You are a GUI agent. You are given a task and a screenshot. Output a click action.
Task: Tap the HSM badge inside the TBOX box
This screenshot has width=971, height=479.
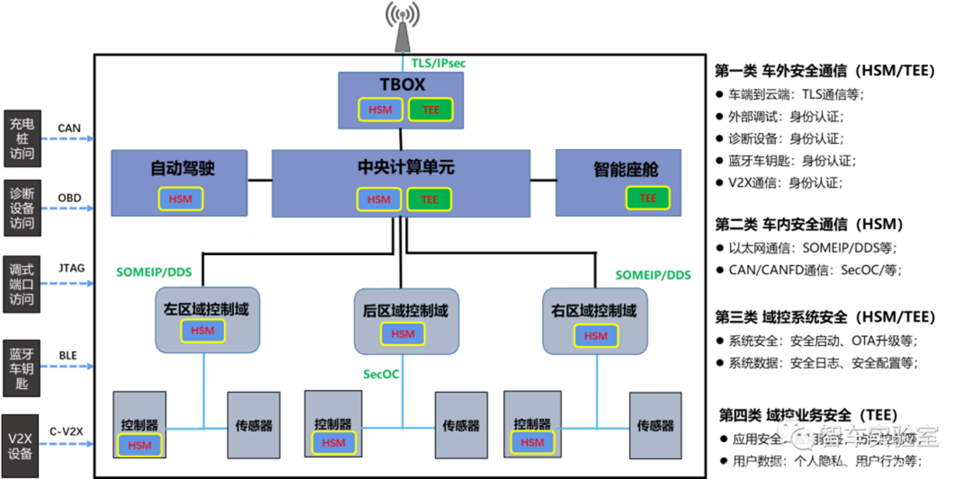tap(380, 110)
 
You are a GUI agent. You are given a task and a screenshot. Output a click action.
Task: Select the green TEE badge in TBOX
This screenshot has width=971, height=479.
tap(431, 110)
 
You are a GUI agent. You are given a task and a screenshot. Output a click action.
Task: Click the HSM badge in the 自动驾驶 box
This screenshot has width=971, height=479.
tap(181, 199)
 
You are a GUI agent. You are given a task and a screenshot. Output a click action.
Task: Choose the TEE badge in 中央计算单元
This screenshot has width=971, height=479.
tap(429, 200)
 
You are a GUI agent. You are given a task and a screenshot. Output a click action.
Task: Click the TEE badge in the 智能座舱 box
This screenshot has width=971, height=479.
tap(647, 198)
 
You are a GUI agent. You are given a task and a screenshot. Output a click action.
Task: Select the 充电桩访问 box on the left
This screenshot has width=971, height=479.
tap(22, 138)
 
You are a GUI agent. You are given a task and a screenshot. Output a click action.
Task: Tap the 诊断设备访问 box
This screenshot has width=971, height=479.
tap(22, 208)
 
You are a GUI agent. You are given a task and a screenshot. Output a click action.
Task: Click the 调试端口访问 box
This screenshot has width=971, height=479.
tap(22, 284)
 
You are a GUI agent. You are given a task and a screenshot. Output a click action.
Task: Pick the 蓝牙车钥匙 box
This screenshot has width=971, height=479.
tap(22, 367)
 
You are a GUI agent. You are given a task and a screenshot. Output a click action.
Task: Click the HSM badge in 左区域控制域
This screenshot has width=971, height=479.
tap(202, 331)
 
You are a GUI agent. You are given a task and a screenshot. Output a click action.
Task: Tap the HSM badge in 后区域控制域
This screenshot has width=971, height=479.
tap(403, 334)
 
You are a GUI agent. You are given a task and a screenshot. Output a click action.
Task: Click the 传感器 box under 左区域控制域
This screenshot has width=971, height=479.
tap(254, 425)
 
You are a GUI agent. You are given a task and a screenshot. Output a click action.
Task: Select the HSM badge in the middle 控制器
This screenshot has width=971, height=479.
tap(334, 443)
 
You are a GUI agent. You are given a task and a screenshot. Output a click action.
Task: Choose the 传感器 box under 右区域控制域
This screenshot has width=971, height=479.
tap(655, 425)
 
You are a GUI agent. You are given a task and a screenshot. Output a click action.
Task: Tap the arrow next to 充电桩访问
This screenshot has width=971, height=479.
tap(67, 138)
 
